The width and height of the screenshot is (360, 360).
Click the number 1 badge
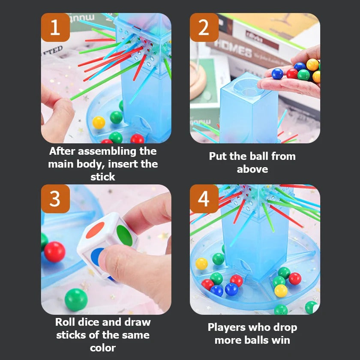(55, 27)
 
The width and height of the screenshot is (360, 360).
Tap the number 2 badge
(204, 27)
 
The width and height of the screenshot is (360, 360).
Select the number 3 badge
(55, 199)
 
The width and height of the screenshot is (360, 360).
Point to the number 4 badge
(204, 199)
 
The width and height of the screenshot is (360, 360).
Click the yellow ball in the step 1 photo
(99, 123)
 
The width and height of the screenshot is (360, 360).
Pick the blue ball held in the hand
(277, 74)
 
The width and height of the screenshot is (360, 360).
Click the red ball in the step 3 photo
(54, 252)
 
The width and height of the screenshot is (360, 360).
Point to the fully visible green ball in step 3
(76, 300)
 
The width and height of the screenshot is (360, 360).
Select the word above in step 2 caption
(252, 169)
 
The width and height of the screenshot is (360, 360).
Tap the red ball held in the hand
(292, 73)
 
